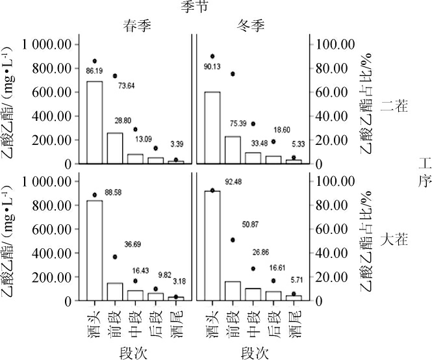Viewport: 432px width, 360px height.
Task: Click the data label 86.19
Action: tap(95, 70)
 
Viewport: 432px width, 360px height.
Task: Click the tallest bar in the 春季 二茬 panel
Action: tap(95, 122)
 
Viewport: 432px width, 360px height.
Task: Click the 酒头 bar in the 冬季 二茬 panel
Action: tap(212, 127)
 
